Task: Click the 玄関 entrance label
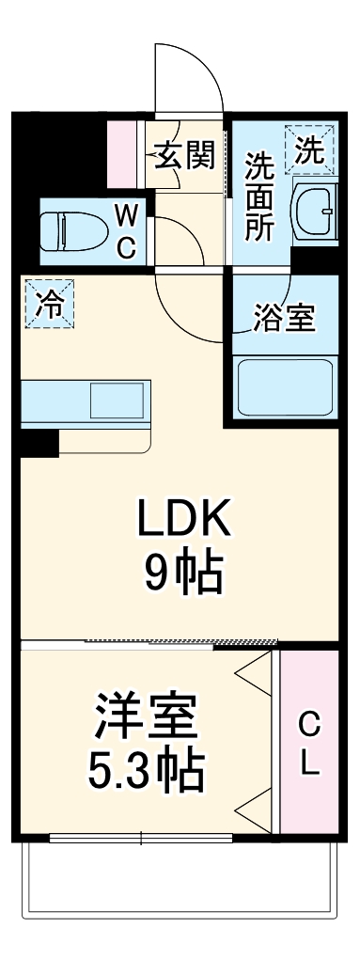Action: pyautogui.click(x=184, y=156)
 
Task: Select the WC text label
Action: pyautogui.click(x=128, y=233)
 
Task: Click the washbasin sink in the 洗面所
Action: pyautogui.click(x=316, y=212)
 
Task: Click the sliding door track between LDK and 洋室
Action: pyautogui.click(x=179, y=643)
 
